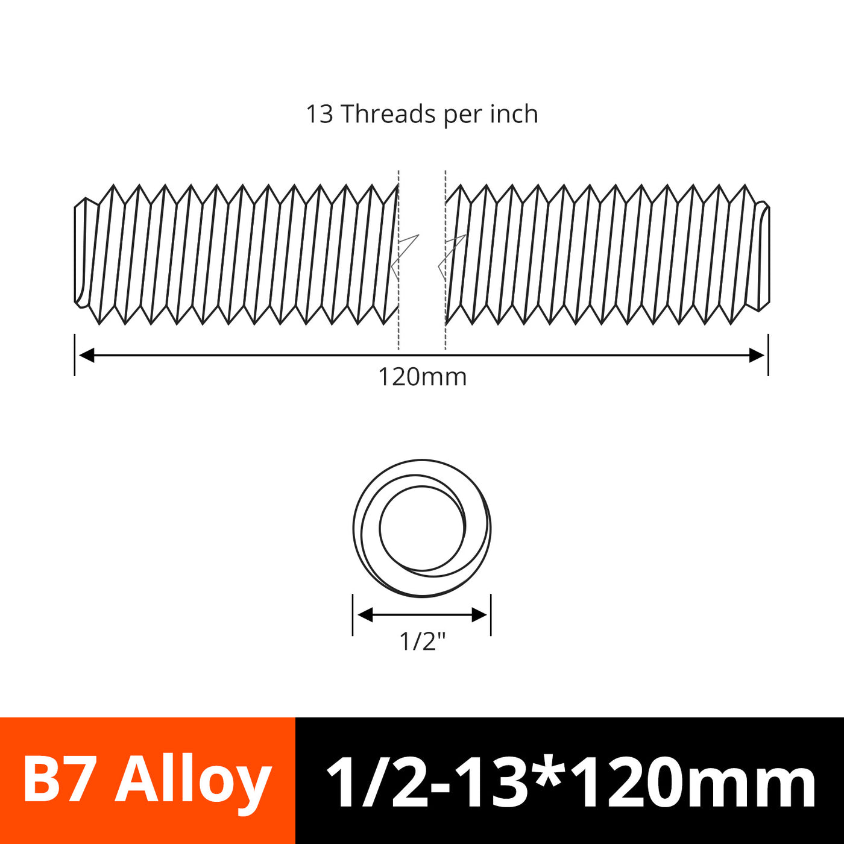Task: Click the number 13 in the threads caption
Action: (320, 114)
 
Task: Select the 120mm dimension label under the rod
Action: (422, 377)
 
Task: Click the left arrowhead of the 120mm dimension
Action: (87, 355)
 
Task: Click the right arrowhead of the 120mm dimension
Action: (757, 355)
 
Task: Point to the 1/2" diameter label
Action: (422, 641)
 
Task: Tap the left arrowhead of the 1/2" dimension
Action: (365, 615)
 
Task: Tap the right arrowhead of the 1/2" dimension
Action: (479, 615)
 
